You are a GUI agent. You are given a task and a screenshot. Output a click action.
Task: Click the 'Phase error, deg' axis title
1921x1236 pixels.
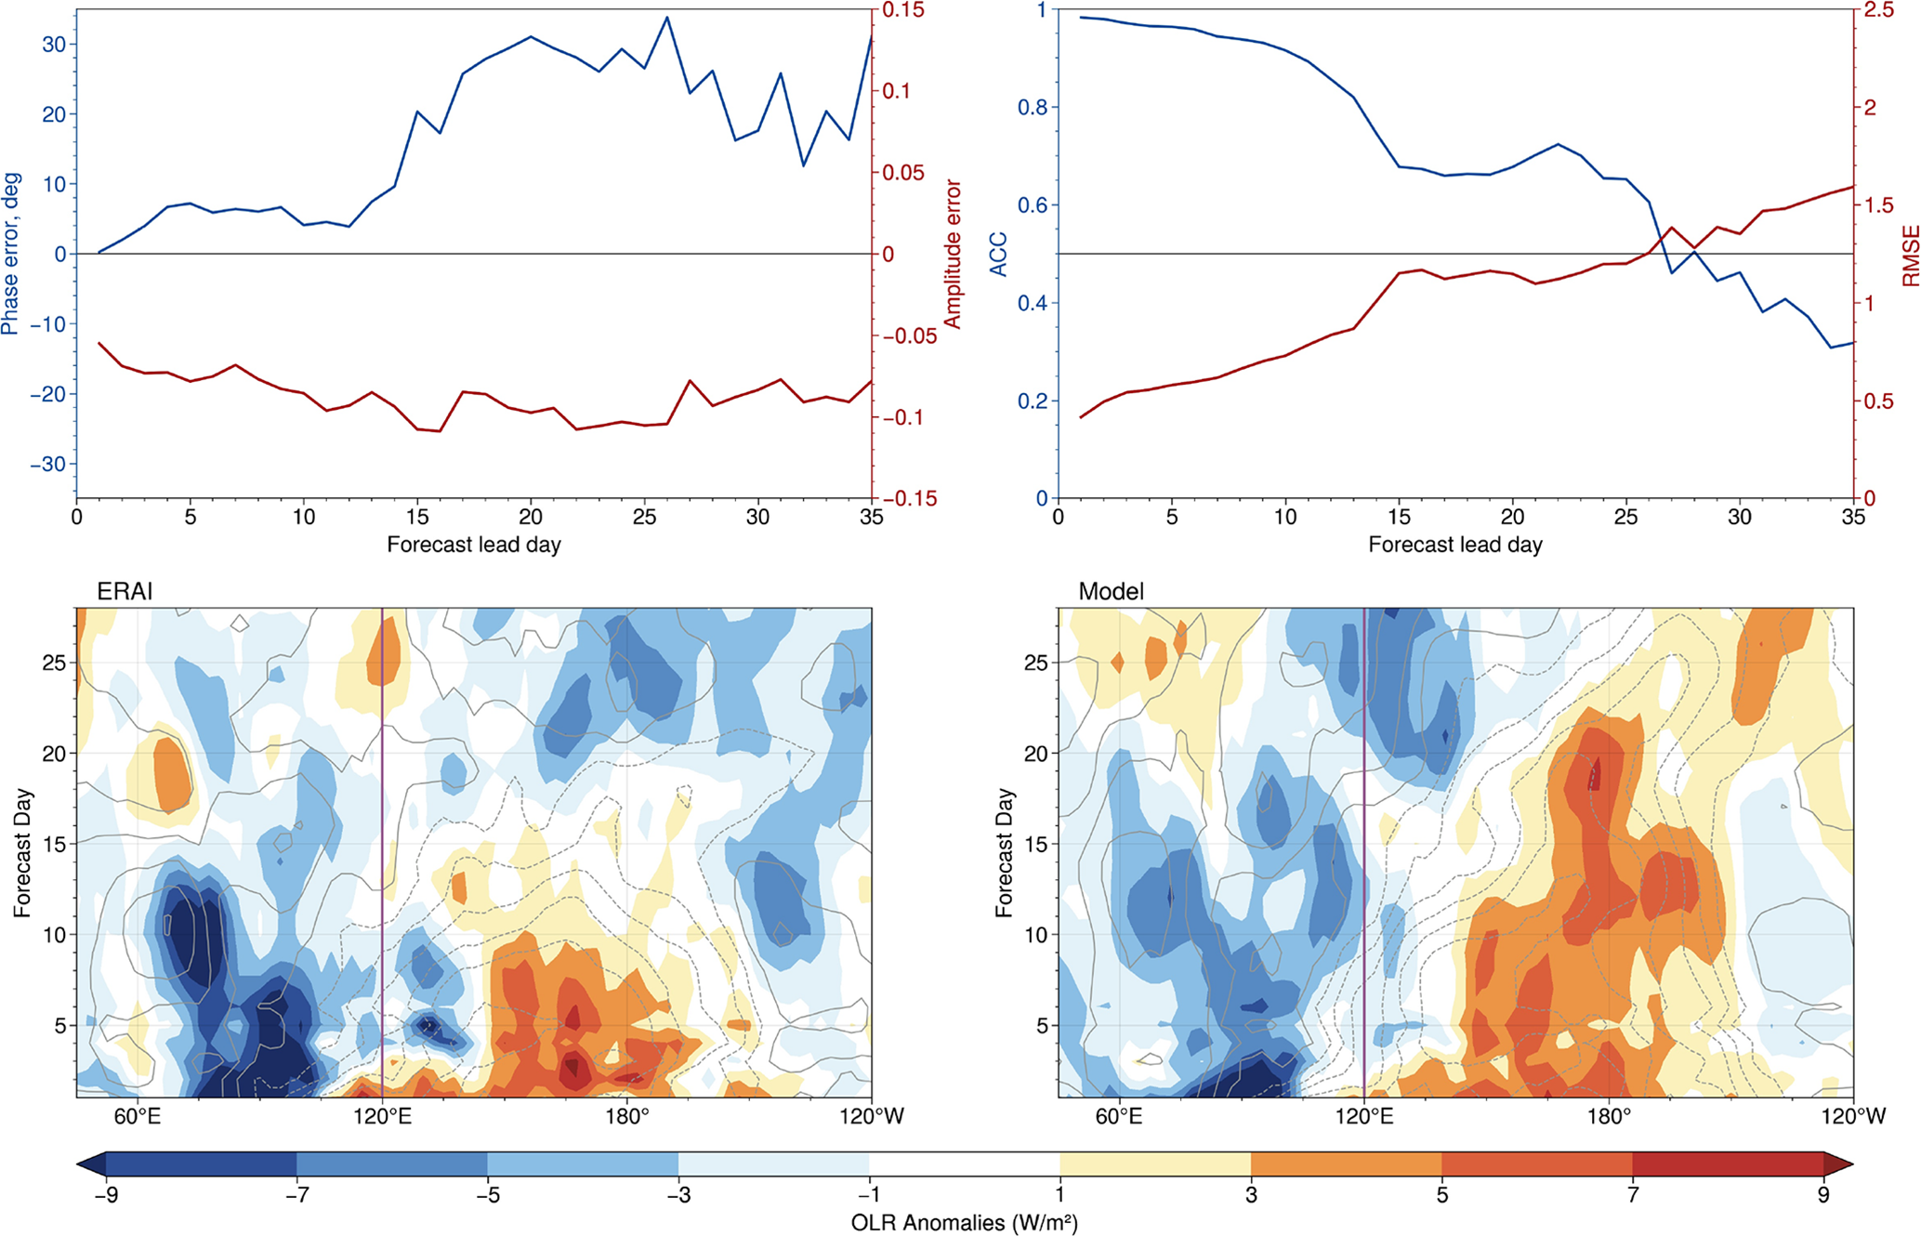point(11,253)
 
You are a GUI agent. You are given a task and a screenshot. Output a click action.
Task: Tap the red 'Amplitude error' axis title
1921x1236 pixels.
point(952,254)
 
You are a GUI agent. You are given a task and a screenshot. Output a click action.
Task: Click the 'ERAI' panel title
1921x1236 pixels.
point(125,592)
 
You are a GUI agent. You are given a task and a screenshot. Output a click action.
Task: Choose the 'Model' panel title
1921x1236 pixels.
point(1111,592)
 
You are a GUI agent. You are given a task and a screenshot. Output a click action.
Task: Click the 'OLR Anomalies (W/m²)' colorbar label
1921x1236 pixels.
point(964,1223)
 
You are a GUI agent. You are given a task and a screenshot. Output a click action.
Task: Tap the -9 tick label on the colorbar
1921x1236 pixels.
point(105,1196)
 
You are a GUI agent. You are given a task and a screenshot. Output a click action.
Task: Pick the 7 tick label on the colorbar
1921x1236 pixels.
point(1633,1196)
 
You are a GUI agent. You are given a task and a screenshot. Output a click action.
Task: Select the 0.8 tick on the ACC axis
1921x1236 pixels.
point(1033,108)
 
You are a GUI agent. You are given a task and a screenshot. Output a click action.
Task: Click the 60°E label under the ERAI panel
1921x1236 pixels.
point(137,1116)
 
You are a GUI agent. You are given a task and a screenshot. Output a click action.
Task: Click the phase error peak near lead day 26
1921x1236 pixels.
point(667,18)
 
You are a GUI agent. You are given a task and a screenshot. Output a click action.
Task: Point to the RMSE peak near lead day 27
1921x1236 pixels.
point(1671,228)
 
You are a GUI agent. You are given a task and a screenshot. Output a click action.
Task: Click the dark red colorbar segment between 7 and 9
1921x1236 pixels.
point(1727,1164)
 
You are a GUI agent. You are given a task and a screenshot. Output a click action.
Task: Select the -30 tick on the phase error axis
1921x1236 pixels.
point(48,465)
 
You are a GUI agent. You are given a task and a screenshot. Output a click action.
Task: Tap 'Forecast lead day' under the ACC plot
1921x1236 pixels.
point(1455,546)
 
